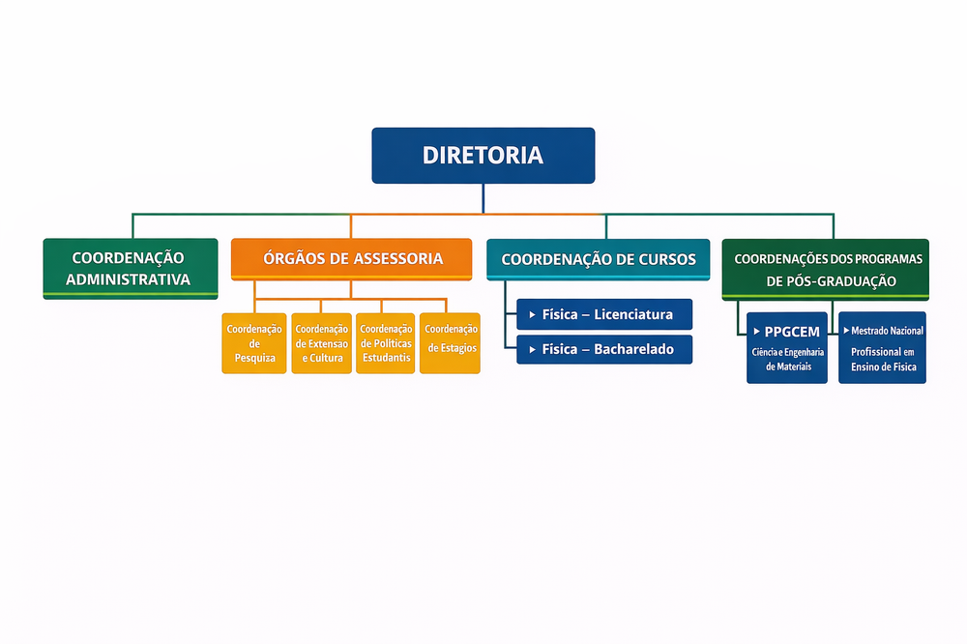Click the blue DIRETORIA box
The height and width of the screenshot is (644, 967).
tap(483, 155)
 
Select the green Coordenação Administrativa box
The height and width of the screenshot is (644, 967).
tap(131, 268)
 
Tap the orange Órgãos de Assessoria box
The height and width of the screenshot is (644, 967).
tap(351, 259)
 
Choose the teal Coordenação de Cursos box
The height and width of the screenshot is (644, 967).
tap(599, 259)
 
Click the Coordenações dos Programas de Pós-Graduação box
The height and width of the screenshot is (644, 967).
tap(825, 269)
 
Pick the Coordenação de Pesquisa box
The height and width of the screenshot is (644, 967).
tap(254, 342)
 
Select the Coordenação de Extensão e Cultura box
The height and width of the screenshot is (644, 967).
tap(321, 342)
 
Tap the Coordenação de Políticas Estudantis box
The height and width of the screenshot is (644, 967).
tap(385, 342)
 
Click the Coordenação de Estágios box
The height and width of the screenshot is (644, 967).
tap(450, 342)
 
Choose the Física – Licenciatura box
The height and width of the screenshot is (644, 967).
tap(604, 314)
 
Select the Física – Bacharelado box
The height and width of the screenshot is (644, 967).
tap(604, 349)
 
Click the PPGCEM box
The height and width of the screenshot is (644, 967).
tap(787, 347)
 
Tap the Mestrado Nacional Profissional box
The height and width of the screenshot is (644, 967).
tap(882, 347)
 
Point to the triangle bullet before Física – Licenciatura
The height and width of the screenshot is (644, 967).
tap(532, 314)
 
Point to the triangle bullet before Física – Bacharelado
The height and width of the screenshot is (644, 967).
tap(532, 349)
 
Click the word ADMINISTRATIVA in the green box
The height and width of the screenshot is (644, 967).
tap(131, 280)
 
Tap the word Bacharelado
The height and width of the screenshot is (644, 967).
tap(634, 349)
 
